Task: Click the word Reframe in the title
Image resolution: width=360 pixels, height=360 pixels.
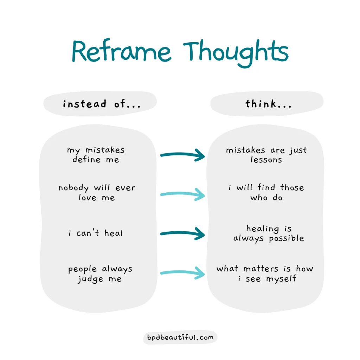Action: click(121, 51)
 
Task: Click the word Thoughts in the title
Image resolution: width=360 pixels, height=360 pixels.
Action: click(236, 53)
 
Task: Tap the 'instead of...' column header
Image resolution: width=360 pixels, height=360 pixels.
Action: click(102, 104)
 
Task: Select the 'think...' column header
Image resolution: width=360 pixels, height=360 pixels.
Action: click(268, 104)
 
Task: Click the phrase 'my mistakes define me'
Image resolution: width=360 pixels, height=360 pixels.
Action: click(96, 155)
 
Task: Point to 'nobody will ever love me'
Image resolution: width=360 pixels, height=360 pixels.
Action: click(97, 192)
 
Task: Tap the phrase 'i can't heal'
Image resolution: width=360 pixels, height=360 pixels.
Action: click(96, 233)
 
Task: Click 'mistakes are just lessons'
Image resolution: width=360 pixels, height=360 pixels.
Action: click(266, 155)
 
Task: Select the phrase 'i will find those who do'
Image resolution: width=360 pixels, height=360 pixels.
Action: click(266, 192)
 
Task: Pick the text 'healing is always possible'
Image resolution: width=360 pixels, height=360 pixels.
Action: click(269, 233)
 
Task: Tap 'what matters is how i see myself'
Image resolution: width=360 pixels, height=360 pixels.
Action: click(265, 274)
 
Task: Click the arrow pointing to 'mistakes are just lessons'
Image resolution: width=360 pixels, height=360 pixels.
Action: click(182, 155)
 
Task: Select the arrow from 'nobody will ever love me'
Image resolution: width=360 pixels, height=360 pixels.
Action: click(182, 194)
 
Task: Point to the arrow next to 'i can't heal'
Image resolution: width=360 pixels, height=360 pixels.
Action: click(182, 233)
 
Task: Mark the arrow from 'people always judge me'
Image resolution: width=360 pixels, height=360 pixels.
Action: click(182, 272)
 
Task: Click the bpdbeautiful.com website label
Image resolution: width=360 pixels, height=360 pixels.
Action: click(180, 337)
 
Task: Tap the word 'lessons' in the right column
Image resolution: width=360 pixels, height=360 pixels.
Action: click(266, 160)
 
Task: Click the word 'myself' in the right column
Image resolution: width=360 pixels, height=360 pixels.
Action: click(281, 279)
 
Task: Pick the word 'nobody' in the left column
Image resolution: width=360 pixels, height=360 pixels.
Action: click(73, 188)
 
